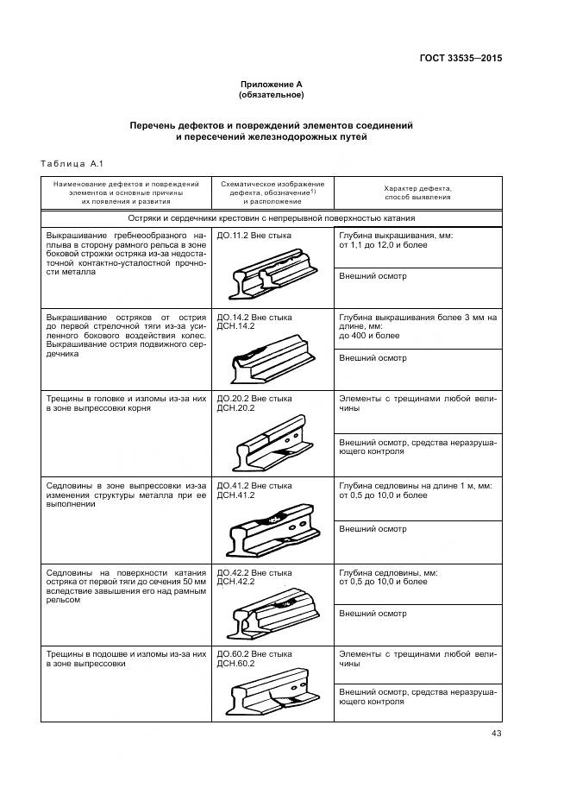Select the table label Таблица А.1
(72, 164)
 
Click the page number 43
(495, 734)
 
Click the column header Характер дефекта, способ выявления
(417, 192)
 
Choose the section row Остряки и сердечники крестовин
(272, 218)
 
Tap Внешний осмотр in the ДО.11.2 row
(373, 276)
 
